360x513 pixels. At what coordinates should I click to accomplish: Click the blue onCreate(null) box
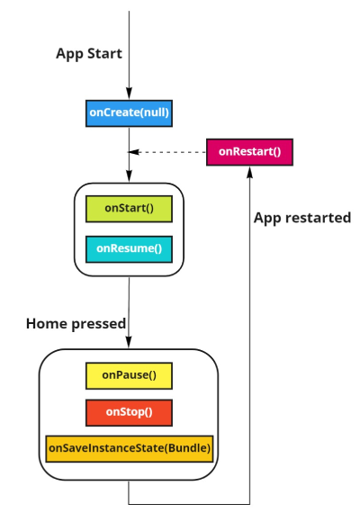(129, 113)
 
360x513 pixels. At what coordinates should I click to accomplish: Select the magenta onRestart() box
(249, 152)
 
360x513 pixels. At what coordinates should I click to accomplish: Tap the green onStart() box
(129, 208)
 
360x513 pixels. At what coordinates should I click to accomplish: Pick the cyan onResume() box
(129, 247)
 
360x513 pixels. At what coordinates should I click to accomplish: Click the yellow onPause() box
(129, 374)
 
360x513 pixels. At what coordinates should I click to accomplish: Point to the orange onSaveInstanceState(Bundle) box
(129, 448)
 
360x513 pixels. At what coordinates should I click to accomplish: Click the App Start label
(89, 54)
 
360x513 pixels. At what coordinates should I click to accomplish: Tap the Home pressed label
(76, 323)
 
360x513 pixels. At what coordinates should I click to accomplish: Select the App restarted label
(301, 218)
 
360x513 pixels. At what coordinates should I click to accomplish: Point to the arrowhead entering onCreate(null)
(129, 95)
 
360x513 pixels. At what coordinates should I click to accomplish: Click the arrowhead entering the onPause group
(129, 344)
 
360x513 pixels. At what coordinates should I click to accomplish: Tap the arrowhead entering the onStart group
(129, 178)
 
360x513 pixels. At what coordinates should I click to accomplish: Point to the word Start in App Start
(105, 54)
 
